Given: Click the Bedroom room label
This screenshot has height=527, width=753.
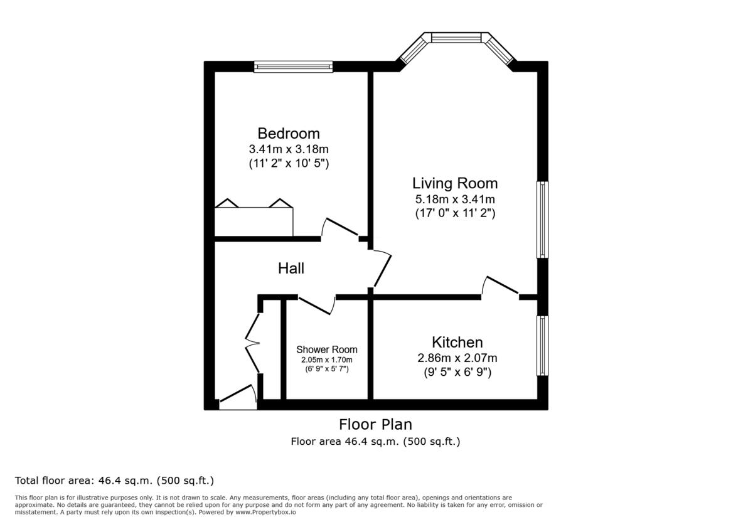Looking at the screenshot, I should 289,134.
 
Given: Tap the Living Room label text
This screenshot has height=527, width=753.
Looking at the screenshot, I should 455,183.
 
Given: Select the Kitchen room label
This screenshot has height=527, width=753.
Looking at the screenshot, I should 457,343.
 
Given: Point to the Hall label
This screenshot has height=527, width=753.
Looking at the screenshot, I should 291,269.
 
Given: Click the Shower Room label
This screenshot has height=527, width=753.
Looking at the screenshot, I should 327,349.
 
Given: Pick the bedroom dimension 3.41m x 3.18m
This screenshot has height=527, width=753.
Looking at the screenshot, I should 289,149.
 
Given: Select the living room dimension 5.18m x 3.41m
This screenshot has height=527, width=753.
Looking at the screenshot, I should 455,200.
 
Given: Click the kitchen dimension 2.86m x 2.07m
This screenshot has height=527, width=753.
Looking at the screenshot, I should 457,358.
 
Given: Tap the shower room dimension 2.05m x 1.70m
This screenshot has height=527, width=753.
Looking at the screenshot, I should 327,359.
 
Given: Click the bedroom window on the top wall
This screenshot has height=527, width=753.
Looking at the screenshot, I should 293,67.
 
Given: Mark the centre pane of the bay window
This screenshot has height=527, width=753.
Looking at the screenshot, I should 456,38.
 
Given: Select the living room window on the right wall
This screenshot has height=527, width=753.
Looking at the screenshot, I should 542,220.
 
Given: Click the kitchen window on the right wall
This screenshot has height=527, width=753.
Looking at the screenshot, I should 542,346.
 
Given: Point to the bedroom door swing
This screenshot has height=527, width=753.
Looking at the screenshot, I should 339,227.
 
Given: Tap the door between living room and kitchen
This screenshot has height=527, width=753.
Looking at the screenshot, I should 500,285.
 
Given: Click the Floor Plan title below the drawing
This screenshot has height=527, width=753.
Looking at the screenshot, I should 375,425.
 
